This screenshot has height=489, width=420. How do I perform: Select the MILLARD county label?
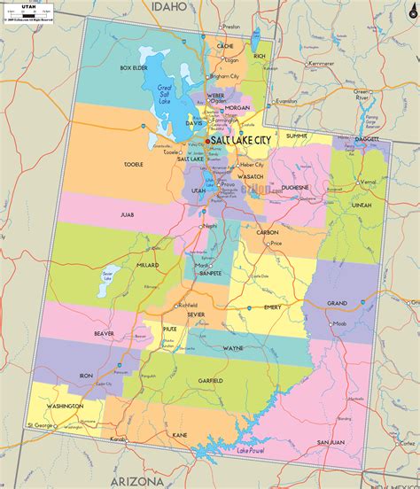click(147, 265)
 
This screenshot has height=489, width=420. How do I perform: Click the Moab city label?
click(338, 324)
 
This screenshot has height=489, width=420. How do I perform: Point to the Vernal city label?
click(369, 182)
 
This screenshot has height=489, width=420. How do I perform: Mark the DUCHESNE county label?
click(294, 188)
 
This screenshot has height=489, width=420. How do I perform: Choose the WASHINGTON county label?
click(65, 406)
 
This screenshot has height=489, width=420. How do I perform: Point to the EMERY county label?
click(272, 307)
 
